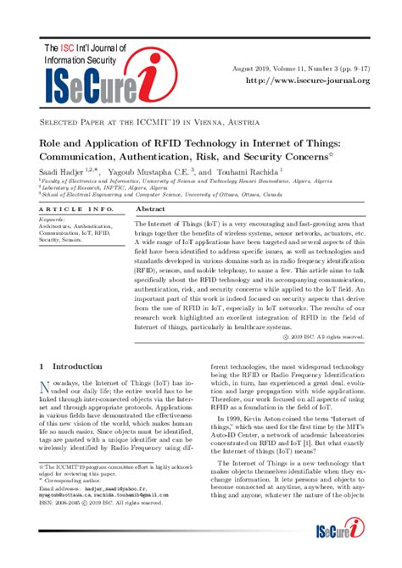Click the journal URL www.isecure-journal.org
(x=307, y=81)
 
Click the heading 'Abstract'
(x=150, y=208)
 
